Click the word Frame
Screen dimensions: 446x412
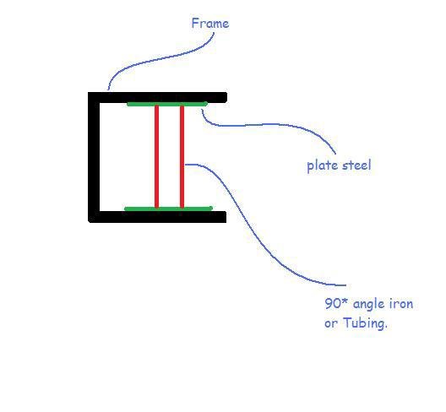[210, 23]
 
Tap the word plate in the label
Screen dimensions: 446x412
[323, 165]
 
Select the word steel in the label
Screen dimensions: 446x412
[356, 165]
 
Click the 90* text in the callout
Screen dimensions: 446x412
[336, 303]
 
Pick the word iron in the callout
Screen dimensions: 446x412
[401, 304]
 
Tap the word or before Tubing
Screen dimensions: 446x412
[331, 324]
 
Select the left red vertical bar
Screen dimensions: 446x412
[156, 156]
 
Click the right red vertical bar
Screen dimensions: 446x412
[182, 156]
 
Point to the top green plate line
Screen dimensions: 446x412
[167, 104]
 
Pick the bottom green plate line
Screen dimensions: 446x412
[168, 209]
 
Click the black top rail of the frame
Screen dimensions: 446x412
[157, 97]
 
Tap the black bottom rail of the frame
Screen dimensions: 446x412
[157, 217]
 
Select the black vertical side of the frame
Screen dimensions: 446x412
[94, 157]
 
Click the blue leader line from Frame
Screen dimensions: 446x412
[160, 59]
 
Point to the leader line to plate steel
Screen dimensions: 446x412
[270, 124]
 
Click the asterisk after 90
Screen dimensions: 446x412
[345, 300]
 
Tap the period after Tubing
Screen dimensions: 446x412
[386, 328]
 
